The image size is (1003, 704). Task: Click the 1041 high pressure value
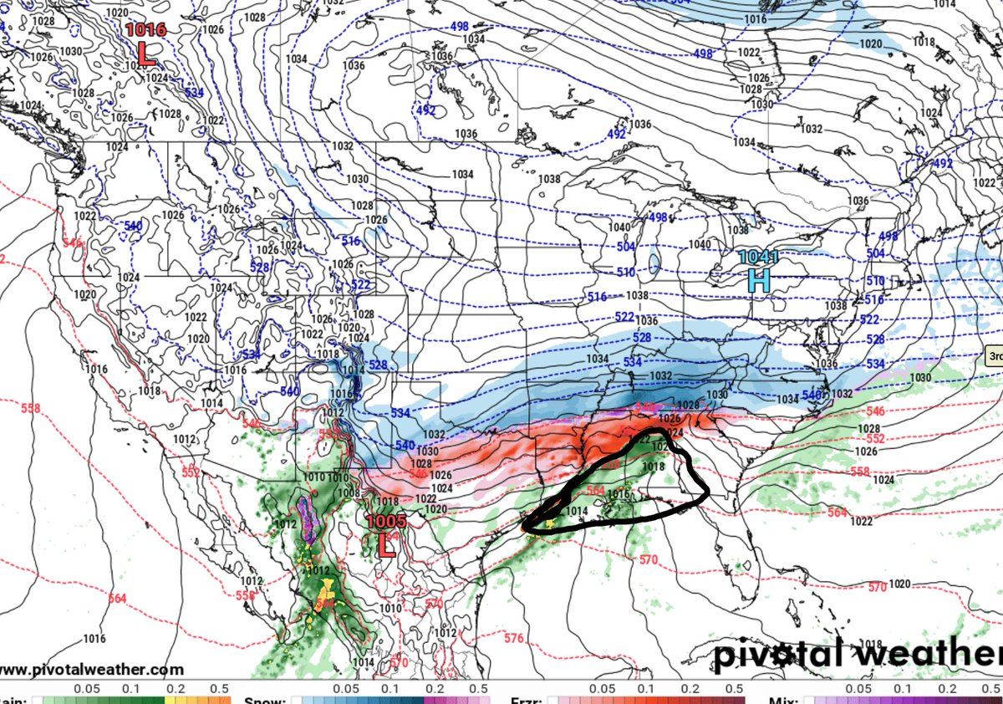pos(757,258)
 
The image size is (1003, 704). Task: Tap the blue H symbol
pos(758,280)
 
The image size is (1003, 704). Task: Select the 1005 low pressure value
pos(386,522)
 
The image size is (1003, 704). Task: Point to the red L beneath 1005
pos(386,545)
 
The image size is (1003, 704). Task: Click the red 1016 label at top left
pos(145,30)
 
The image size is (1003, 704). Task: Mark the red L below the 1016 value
pos(146,54)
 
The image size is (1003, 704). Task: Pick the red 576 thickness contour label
pos(515,639)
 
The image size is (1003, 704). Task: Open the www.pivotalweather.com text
pos(92,670)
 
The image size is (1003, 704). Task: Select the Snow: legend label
pos(266,700)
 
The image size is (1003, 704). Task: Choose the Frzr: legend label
pos(527,700)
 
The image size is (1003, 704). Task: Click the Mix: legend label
pos(787,700)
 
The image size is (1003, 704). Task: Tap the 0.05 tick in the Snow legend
pos(345,690)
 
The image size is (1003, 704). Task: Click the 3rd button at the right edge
pos(995,355)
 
